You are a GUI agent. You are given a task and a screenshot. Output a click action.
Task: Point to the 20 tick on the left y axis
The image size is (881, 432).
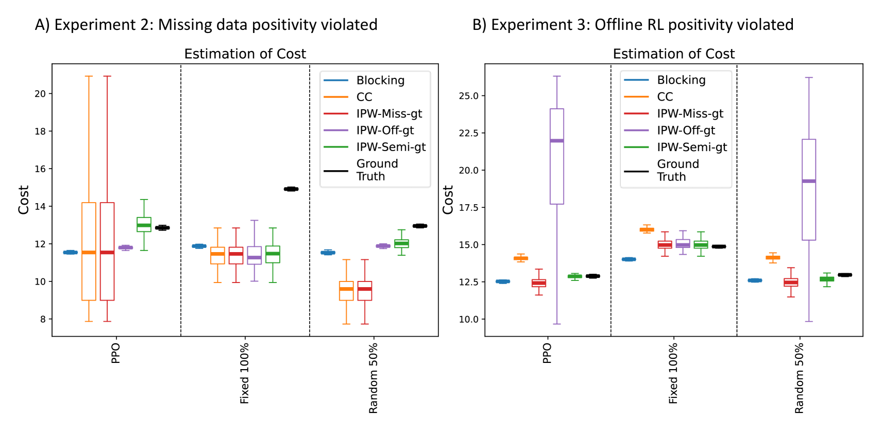click(x=40, y=94)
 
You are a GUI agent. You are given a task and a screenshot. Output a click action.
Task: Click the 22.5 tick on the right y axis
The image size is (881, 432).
click(x=468, y=133)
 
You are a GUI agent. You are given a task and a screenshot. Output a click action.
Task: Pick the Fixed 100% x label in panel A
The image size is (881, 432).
click(x=244, y=373)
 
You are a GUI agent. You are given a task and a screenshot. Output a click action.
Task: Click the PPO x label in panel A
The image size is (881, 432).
click(x=115, y=353)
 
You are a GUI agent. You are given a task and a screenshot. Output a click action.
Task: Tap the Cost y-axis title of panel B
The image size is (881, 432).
click(x=448, y=200)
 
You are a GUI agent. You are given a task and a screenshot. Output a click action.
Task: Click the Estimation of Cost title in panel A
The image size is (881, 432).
click(x=245, y=54)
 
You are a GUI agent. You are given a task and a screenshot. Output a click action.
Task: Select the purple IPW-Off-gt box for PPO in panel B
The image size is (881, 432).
click(x=557, y=156)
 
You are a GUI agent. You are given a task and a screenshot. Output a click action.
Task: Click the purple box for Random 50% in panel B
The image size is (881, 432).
click(x=809, y=190)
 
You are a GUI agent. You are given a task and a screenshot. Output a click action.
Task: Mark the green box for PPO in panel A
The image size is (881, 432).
click(x=144, y=224)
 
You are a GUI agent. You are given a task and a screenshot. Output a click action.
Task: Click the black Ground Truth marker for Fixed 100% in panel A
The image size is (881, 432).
click(x=291, y=189)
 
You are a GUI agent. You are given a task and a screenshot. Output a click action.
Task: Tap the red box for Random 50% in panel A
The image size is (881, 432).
click(x=365, y=291)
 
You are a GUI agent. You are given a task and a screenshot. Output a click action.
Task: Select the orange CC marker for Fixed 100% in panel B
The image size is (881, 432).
click(x=647, y=229)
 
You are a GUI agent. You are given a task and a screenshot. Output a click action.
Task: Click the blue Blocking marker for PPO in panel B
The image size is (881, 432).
click(x=502, y=281)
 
